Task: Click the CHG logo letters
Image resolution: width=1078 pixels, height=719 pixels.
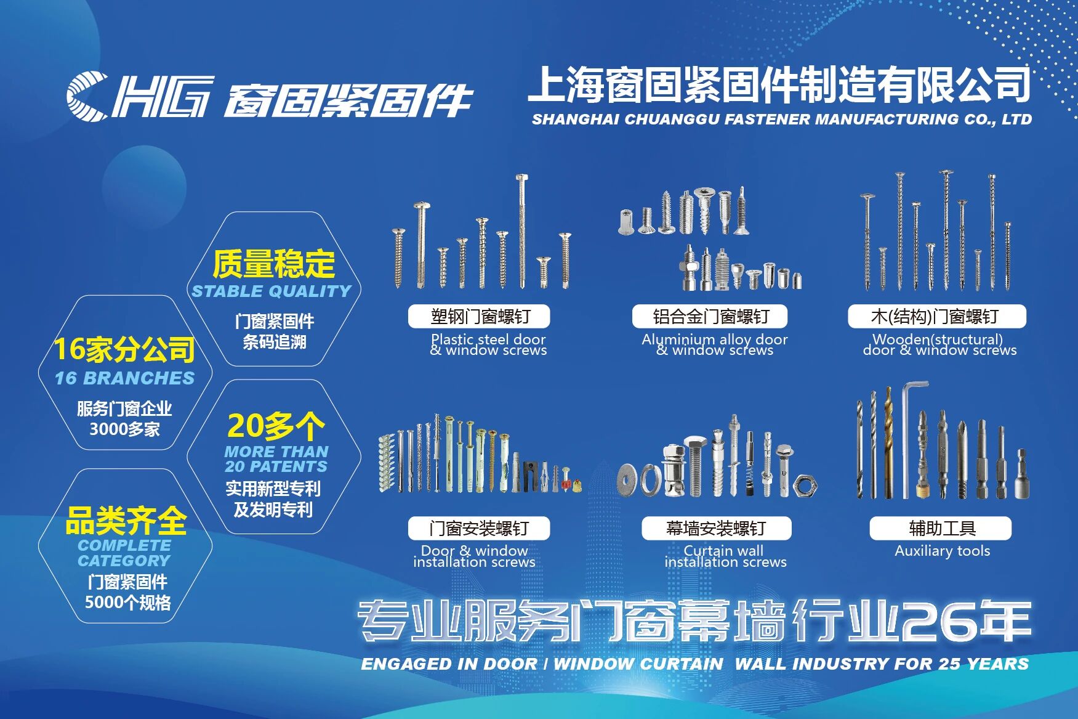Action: [140, 95]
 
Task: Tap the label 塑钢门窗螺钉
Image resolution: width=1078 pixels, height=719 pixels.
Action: [479, 317]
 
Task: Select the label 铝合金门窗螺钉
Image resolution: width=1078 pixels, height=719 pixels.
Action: [710, 317]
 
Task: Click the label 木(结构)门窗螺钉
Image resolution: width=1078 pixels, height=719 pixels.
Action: [936, 317]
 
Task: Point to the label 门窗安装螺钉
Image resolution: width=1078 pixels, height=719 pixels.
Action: [479, 529]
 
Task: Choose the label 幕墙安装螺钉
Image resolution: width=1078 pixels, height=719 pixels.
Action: [716, 529]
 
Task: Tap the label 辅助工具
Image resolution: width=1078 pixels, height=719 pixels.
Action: [941, 529]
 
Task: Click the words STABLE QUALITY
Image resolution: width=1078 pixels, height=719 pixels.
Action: [272, 291]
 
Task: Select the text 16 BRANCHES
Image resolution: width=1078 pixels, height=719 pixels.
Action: [124, 378]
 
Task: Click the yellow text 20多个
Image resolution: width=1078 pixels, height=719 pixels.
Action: [276, 425]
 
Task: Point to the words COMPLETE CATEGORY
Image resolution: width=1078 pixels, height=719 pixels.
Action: [124, 553]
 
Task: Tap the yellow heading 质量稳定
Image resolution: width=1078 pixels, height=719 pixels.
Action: [274, 264]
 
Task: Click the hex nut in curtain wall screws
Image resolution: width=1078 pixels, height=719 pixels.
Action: [805, 486]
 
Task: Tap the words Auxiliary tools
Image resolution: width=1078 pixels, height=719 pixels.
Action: [943, 551]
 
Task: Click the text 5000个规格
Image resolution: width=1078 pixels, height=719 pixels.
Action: [127, 603]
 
